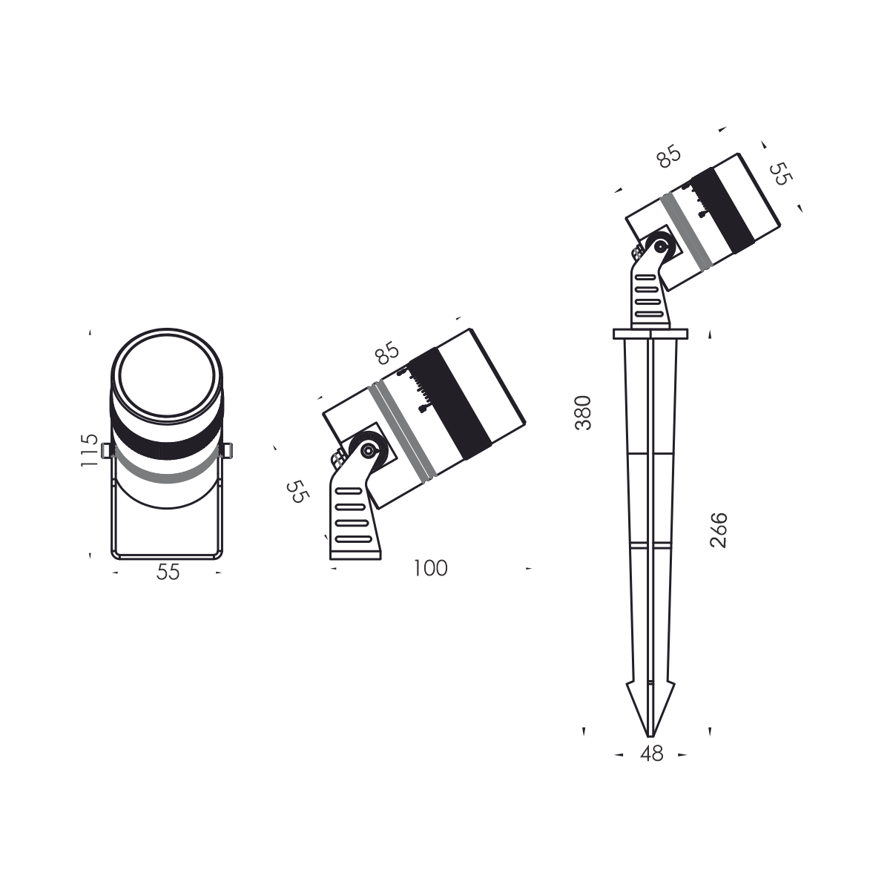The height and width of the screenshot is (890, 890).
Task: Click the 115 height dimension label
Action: pyautogui.click(x=89, y=450)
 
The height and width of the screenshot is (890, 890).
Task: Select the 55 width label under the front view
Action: pyautogui.click(x=168, y=573)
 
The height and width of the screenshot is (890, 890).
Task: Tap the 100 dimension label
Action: pyautogui.click(x=430, y=569)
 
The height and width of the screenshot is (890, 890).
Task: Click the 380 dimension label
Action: pyautogui.click(x=584, y=413)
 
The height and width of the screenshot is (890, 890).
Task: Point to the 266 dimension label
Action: pyautogui.click(x=719, y=530)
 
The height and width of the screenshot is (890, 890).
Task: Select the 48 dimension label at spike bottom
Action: pyautogui.click(x=650, y=754)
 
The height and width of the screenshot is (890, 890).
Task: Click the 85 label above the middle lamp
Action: pyautogui.click(x=387, y=354)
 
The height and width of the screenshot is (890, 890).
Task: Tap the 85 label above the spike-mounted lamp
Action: pyautogui.click(x=668, y=158)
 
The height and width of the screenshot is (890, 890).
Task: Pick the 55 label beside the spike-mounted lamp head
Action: pyautogui.click(x=779, y=174)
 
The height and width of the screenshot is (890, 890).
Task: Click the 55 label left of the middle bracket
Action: pyautogui.click(x=297, y=492)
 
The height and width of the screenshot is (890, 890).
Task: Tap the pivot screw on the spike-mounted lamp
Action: pyautogui.click(x=658, y=246)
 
